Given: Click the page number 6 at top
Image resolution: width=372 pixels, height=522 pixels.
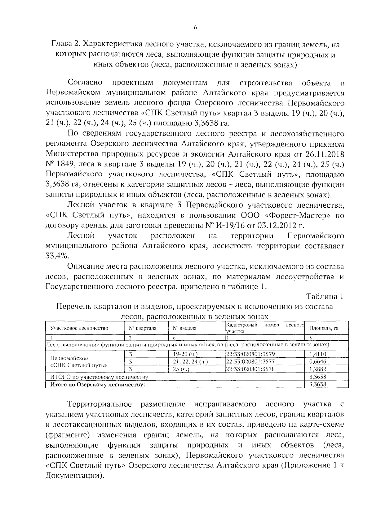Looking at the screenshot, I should pyautogui.click(x=195, y=28).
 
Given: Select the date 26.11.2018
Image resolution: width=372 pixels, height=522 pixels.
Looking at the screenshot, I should pyautogui.click(x=326, y=154).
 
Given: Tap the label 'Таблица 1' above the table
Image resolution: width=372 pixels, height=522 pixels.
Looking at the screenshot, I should pyautogui.click(x=325, y=296).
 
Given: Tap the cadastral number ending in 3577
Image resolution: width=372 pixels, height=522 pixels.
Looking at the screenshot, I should pyautogui.click(x=250, y=361).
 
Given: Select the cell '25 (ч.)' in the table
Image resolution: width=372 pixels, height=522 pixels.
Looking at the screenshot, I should pyautogui.click(x=181, y=369).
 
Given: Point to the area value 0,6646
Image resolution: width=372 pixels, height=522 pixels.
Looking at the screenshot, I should pyautogui.click(x=318, y=361).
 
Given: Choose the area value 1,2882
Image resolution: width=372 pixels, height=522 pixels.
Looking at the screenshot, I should pyautogui.click(x=318, y=369).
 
